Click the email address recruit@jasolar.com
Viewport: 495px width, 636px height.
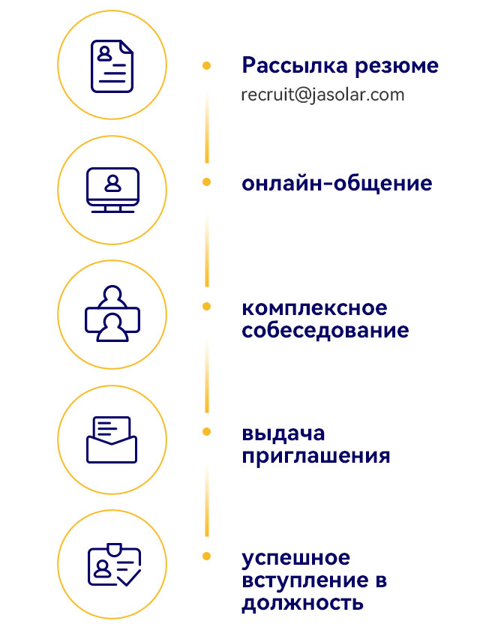point(322,95)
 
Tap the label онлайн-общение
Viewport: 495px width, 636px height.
point(337,183)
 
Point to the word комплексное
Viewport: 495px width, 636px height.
point(314,308)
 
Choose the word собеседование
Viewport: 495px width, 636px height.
point(325,330)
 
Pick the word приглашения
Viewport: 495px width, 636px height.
point(316,455)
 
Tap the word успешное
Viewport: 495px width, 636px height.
point(295,559)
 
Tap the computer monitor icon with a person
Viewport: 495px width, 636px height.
point(112,190)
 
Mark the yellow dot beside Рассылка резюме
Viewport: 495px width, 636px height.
point(206,66)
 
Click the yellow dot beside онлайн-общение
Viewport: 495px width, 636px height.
point(206,182)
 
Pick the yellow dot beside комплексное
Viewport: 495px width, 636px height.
point(206,307)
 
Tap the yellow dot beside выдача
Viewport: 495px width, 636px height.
point(206,431)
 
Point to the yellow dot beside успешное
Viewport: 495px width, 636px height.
point(206,556)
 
